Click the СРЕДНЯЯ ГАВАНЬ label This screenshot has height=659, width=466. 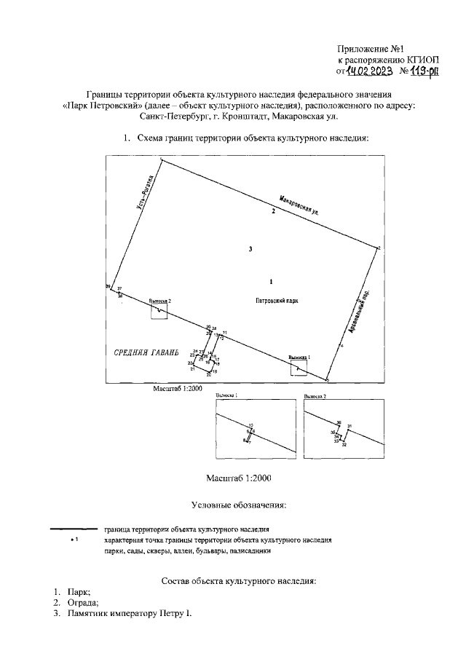tap(146, 352)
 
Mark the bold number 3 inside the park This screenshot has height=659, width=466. tap(250, 249)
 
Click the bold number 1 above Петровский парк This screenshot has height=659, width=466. tap(271, 280)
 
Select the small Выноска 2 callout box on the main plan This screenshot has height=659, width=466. tap(159, 310)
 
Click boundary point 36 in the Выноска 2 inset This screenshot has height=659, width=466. tap(339, 423)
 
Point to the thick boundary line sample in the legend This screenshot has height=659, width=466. tap(72, 528)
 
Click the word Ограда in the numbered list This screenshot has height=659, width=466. tap(80, 602)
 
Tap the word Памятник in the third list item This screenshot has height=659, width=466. tap(90, 614)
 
